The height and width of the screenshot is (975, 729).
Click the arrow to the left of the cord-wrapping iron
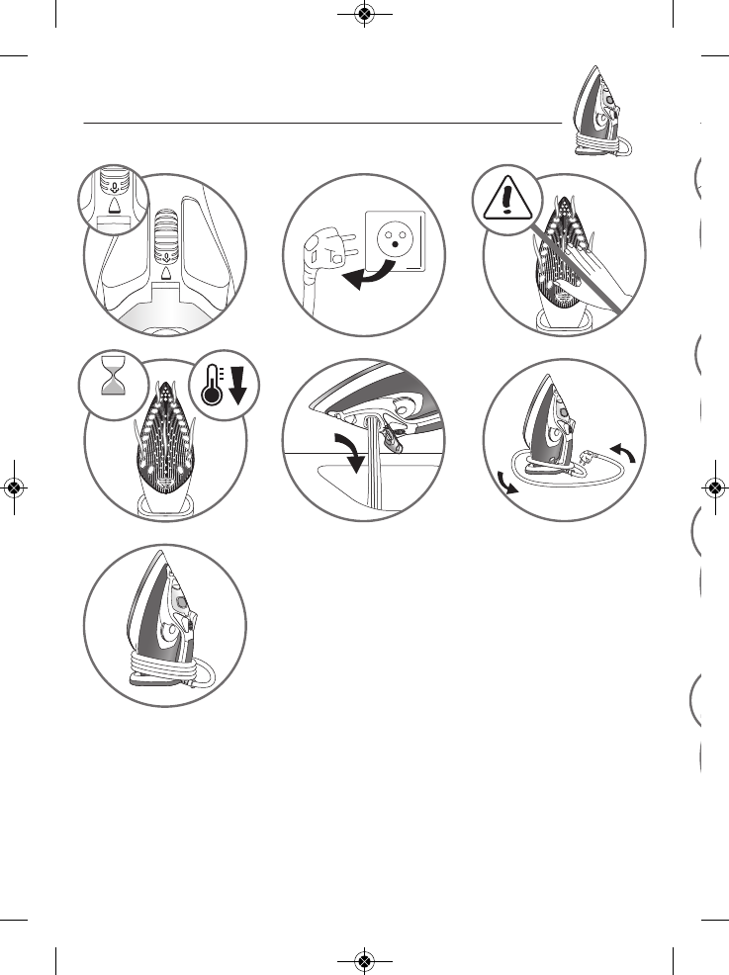(x=505, y=484)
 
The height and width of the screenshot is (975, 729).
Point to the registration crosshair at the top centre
(x=364, y=14)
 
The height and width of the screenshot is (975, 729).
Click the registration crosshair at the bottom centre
(x=364, y=961)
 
